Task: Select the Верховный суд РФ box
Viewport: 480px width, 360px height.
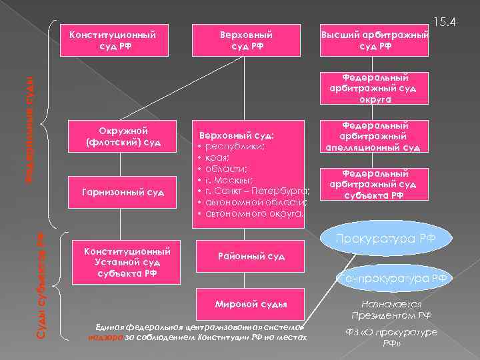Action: (x=248, y=39)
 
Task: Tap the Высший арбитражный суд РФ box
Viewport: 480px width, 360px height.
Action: (x=374, y=39)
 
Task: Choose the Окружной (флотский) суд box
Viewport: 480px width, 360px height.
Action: (x=125, y=136)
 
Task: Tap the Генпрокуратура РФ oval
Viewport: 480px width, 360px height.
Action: (x=393, y=277)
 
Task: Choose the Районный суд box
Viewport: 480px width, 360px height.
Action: (x=251, y=256)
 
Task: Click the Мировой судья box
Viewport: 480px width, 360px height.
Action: (x=251, y=304)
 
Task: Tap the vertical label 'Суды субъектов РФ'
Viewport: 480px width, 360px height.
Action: (x=40, y=283)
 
